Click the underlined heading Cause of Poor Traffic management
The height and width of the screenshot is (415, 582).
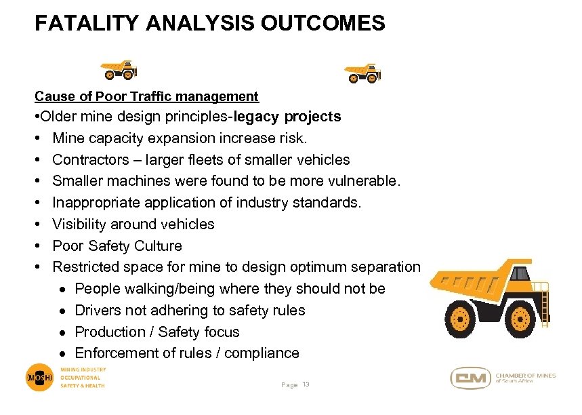point(146,96)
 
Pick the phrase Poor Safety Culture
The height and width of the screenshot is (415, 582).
point(117,246)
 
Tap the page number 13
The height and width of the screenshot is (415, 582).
point(306,385)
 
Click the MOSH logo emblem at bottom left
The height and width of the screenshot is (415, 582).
point(40,378)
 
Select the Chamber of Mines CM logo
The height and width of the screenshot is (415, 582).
point(471,378)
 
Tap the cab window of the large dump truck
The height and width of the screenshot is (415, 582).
point(520,274)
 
